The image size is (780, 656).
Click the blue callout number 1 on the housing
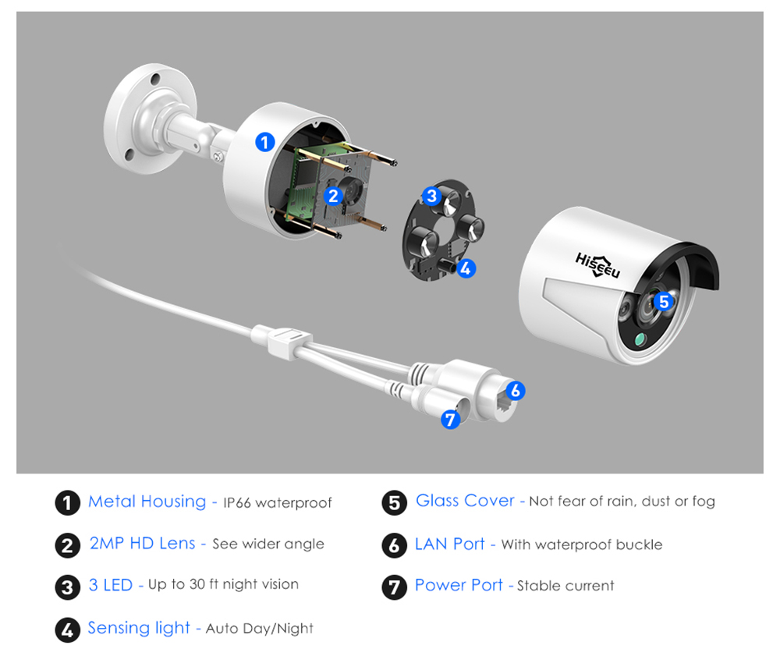click(264, 142)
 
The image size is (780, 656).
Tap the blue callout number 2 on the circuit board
click(333, 196)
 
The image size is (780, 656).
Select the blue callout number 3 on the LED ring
click(431, 197)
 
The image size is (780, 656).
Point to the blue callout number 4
click(466, 268)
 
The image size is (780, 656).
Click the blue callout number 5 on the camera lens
click(664, 301)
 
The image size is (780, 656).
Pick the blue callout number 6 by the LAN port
click(516, 391)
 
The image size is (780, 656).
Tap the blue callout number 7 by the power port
click(450, 420)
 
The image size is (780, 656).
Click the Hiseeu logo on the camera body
click(597, 265)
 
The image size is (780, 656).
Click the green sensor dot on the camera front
click(640, 339)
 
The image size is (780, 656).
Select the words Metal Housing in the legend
click(147, 502)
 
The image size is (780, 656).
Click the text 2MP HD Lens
click(142, 543)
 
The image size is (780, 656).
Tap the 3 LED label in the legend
click(111, 585)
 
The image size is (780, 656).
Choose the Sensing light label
click(139, 628)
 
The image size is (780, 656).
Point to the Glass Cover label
click(465, 500)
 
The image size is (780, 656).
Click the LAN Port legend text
click(450, 544)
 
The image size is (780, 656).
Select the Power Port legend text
click(459, 585)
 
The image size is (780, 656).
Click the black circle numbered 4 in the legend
click(67, 630)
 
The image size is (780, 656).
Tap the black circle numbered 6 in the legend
click(395, 545)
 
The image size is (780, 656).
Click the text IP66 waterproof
click(277, 503)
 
